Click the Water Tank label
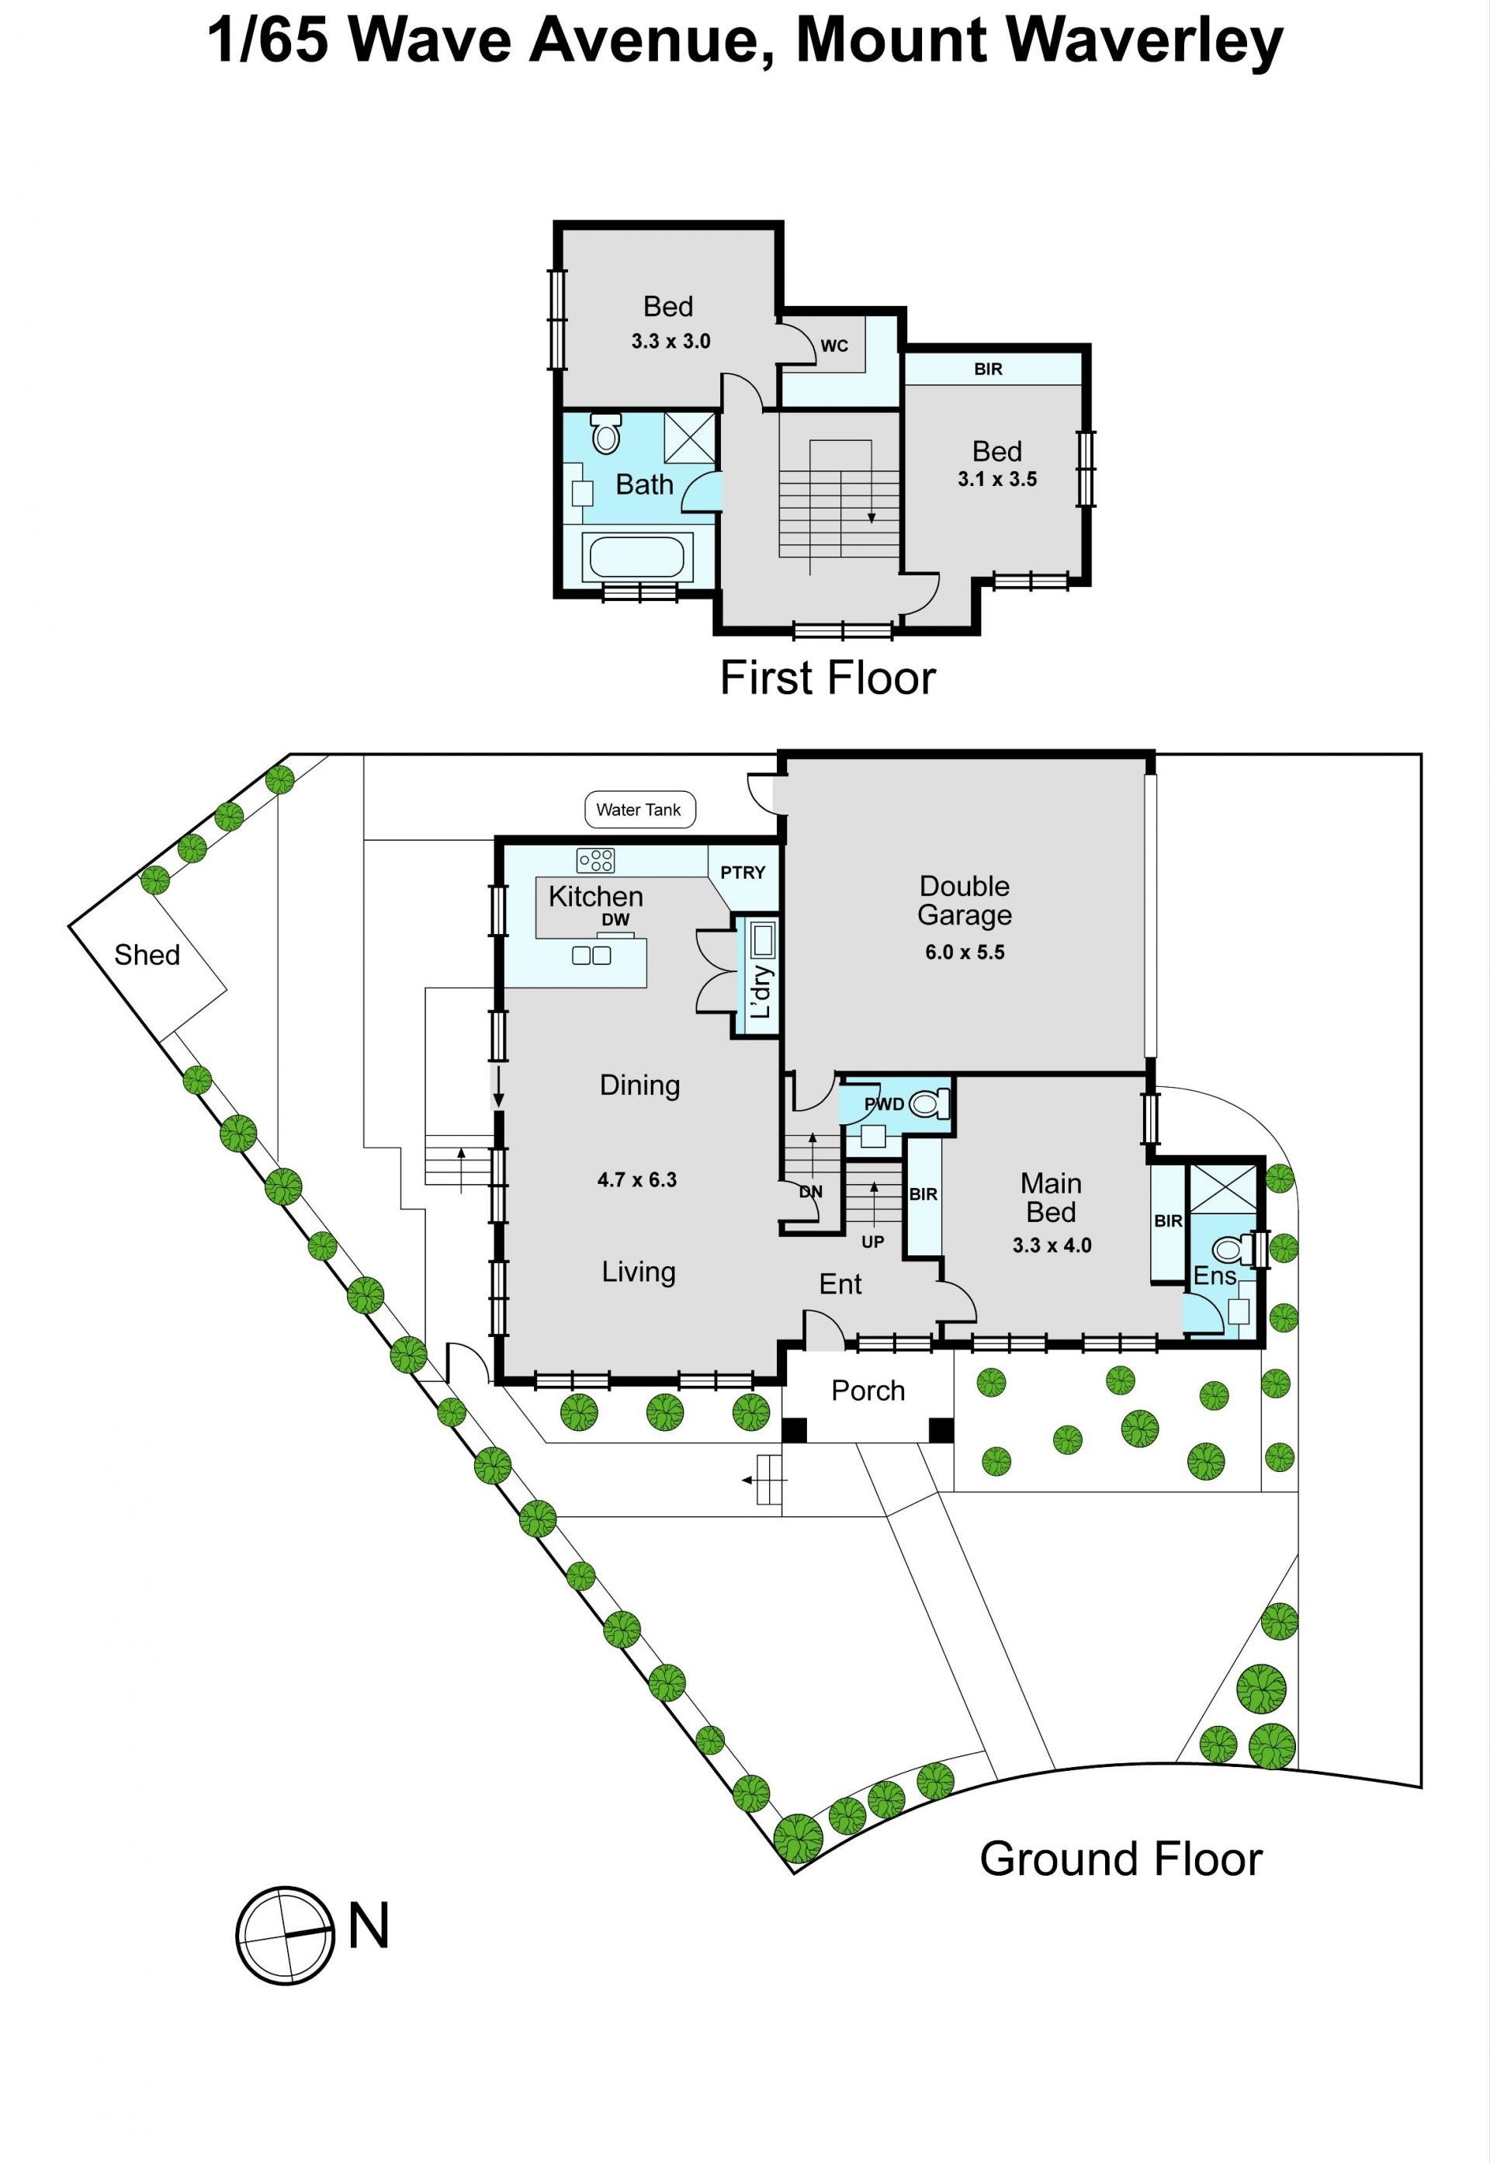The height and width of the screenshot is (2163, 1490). coord(639,810)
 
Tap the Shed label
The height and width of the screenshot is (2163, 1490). coord(147,954)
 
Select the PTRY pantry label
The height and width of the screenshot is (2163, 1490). coord(743,873)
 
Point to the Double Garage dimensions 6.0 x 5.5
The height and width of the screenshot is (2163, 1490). coord(965,953)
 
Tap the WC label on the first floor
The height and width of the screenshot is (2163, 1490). coord(834,345)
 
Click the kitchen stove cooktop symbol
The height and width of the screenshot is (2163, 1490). coord(596,860)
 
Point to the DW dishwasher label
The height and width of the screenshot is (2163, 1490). coord(615,920)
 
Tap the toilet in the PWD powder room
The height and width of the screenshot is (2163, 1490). coord(929,1105)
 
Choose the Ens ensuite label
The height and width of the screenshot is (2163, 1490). coord(1215,1276)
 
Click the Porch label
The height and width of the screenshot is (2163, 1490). coord(868,1390)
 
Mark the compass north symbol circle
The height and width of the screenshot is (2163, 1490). coord(285,1935)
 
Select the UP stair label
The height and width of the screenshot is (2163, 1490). coord(873,1242)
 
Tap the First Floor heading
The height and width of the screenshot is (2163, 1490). coord(827,678)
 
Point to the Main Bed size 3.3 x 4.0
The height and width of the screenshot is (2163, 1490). coord(1052,1245)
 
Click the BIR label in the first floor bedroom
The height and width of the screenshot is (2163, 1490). coord(989,369)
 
